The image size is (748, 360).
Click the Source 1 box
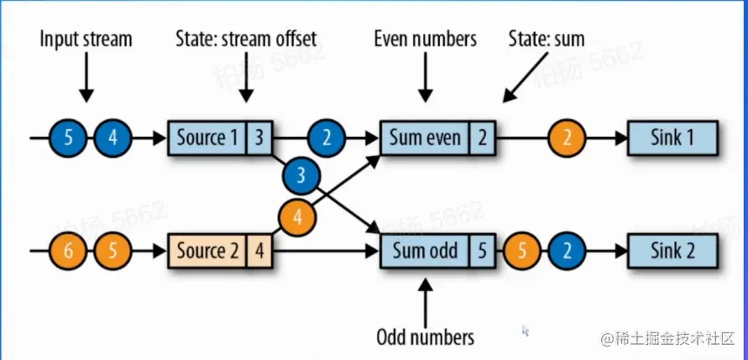220,138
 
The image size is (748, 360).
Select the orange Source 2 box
220,251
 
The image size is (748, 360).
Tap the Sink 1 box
672,138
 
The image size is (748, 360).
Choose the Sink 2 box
672,251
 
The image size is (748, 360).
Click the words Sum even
426,138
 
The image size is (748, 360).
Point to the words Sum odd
425,251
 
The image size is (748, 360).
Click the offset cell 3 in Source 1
259,138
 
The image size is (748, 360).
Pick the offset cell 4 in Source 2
259,251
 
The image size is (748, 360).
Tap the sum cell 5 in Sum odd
483,251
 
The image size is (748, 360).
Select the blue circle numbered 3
301,176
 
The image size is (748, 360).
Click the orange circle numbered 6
68,251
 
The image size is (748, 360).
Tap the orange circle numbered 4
298,218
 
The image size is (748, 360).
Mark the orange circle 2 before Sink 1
567,138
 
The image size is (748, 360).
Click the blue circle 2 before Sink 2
567,251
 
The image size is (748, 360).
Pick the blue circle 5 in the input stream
68,138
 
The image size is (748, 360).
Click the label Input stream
86,39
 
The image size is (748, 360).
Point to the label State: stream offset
246,39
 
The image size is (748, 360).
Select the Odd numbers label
426,337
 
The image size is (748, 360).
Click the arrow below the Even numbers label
426,78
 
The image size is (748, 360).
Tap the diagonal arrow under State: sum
526,76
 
